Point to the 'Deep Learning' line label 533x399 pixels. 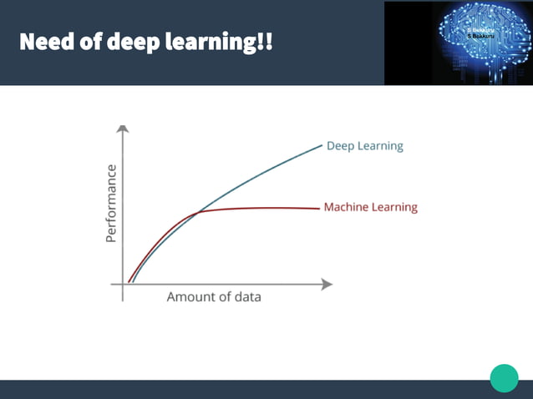(x=364, y=146)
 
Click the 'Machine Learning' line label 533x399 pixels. (x=370, y=207)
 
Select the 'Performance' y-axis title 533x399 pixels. (x=111, y=204)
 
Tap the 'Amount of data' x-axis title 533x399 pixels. (x=214, y=297)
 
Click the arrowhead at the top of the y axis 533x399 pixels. (x=123, y=129)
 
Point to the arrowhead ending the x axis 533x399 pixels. (x=327, y=284)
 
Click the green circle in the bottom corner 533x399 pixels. (x=504, y=377)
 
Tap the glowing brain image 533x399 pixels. (x=458, y=43)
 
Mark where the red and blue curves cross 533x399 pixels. (x=198, y=213)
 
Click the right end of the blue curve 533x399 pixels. (x=322, y=145)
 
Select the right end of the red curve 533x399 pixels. (x=320, y=208)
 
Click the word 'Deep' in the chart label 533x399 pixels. (x=340, y=146)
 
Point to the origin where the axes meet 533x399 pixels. (x=123, y=284)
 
